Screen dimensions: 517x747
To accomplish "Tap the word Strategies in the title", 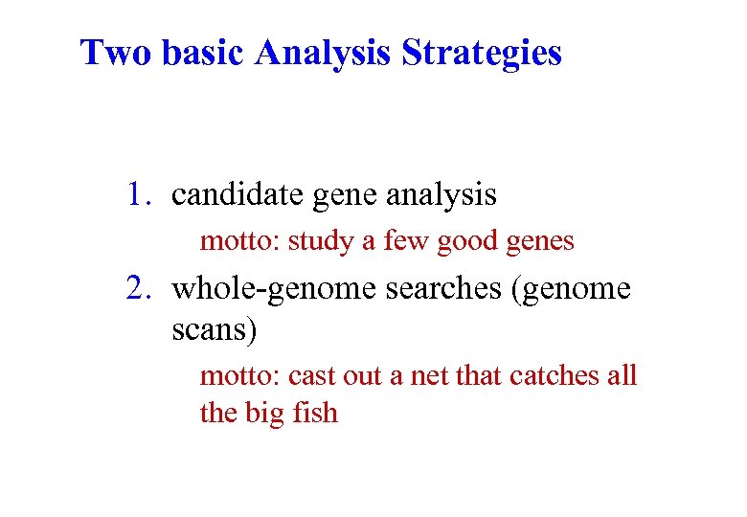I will (x=482, y=54).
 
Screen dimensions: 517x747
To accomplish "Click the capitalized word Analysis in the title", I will (x=323, y=54).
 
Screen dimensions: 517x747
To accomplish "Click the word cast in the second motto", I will (x=311, y=376).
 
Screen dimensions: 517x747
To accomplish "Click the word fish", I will (x=314, y=413).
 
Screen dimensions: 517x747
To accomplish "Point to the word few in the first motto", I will (x=406, y=241).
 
